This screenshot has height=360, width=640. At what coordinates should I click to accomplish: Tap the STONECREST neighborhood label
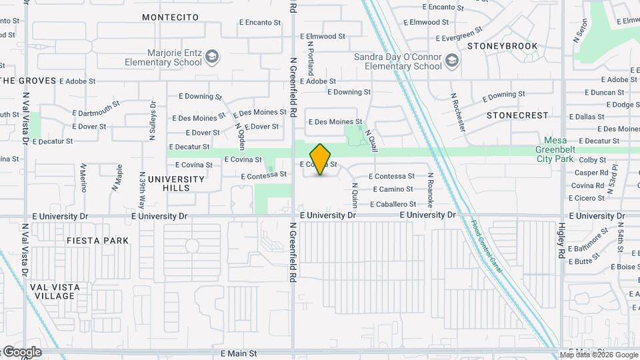[x=517, y=115]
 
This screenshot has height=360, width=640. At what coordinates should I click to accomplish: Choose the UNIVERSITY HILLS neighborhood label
[x=176, y=183]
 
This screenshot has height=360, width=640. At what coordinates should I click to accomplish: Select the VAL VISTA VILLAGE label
[x=55, y=291]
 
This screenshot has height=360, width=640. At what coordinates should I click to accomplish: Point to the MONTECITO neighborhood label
[x=171, y=16]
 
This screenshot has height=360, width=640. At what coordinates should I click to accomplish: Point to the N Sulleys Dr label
[x=153, y=121]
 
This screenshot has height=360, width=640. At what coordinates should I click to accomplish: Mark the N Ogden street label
[x=239, y=136]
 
